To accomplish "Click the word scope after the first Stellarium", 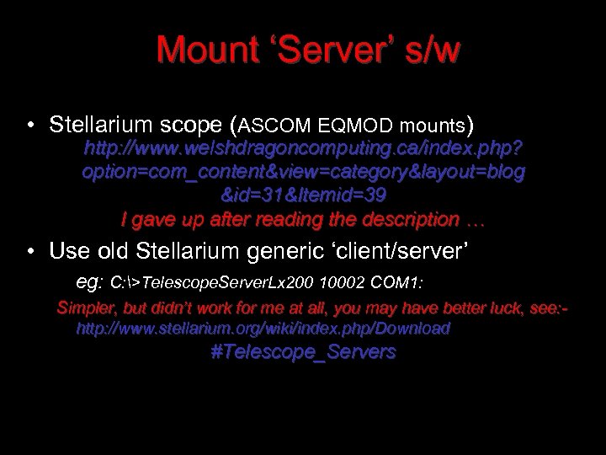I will click(189, 126).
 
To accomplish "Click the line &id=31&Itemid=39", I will click(304, 196).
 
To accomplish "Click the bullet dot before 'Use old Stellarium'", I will click(29, 251).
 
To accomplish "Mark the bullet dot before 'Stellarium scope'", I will click(29, 126).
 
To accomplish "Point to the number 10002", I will click(343, 279).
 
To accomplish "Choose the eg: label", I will click(89, 279).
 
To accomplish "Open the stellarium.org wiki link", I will click(263, 328).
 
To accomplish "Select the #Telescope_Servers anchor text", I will click(303, 352).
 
